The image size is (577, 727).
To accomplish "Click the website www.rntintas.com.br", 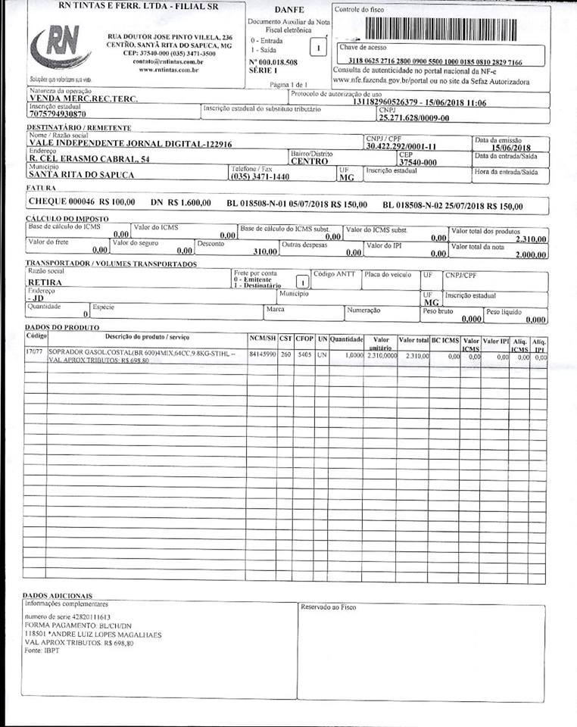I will pos(168,70).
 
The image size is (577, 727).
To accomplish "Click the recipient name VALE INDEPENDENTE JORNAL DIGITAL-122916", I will pos(129,143).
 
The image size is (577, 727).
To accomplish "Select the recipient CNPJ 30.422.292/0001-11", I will pos(401,146).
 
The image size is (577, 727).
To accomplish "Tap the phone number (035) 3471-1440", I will pos(260,176).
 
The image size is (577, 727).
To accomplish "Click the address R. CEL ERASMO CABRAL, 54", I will pos(89,159).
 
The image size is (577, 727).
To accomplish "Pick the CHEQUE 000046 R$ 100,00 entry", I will pos(81,203).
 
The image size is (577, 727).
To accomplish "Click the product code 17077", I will pos(34,352).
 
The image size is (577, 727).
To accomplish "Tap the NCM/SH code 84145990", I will pos(261,353).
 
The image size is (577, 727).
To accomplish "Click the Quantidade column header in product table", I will pos(347,339).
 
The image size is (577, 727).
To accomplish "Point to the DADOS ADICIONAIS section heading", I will pos(58,596).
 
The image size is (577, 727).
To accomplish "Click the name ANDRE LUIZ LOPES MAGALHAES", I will pos(105,635).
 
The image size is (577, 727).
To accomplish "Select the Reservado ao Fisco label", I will pos(328,607).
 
